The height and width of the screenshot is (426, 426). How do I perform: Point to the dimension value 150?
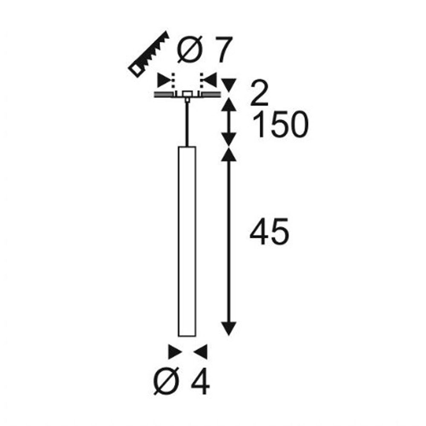[279, 125]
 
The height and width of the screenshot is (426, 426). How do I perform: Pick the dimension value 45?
[269, 232]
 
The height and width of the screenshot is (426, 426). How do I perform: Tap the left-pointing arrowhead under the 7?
[210, 80]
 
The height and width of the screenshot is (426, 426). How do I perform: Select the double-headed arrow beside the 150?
[230, 122]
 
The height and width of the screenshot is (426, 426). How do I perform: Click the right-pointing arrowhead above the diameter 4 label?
[175, 352]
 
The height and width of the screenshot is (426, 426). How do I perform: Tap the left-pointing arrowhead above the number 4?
[201, 352]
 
